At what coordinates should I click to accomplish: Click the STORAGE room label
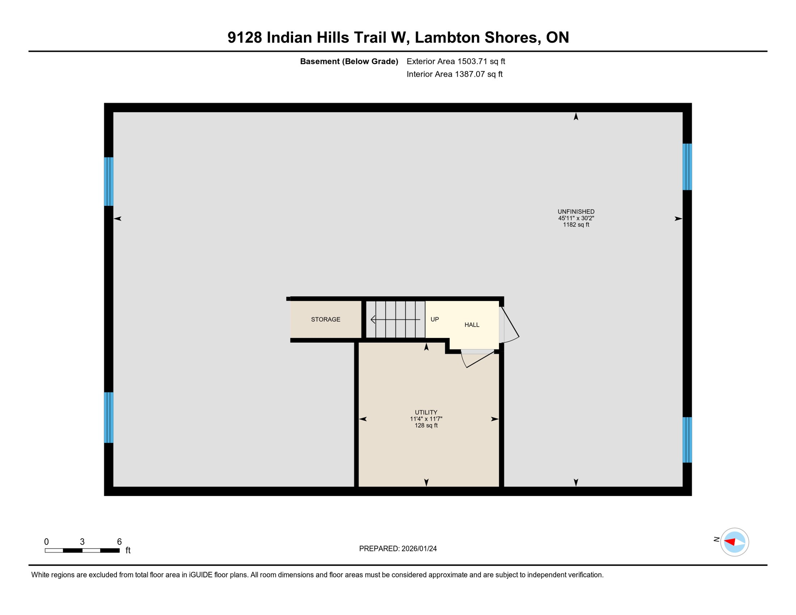[326, 320]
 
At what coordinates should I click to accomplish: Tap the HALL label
[472, 325]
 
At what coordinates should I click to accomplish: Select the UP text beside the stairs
[434, 320]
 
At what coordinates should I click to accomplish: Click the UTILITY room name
[426, 412]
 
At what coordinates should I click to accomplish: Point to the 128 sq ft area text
[426, 426]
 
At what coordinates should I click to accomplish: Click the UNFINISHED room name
[576, 212]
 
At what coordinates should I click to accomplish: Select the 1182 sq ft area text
[576, 225]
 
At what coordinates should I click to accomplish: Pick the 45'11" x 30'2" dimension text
[576, 218]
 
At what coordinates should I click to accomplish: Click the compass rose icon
[734, 543]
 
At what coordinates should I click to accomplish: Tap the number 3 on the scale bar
[82, 542]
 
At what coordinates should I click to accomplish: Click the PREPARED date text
[398, 549]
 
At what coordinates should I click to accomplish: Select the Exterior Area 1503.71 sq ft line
[456, 62]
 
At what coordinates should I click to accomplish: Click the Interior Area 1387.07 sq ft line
[454, 74]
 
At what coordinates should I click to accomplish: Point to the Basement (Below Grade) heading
[349, 62]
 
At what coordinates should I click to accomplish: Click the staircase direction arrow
[395, 320]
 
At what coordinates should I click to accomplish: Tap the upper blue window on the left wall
[109, 182]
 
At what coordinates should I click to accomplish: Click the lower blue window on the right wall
[687, 440]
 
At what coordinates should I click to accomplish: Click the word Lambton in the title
[447, 38]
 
